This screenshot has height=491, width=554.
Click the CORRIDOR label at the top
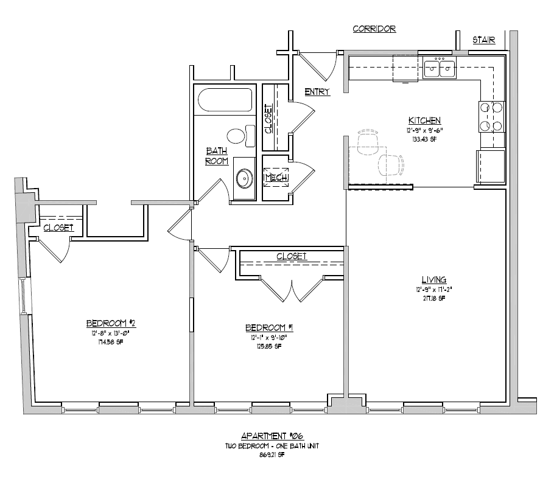374,29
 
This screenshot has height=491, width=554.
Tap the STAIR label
484,41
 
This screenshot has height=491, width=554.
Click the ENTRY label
317,92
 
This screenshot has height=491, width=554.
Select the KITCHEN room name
424,120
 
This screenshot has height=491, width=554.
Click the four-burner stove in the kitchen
492,117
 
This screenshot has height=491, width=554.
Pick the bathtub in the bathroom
223,100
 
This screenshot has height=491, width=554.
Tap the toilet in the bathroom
239,135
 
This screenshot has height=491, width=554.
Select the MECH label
276,177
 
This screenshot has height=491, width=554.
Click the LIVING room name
424,277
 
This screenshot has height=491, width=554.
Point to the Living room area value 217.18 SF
424,298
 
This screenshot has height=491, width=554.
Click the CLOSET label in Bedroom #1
291,256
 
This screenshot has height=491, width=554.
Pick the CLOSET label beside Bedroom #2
58,228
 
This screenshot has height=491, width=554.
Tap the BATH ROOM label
216,156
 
